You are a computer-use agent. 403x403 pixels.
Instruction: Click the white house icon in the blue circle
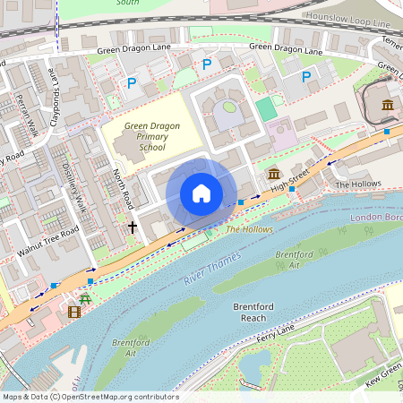click(x=201, y=193)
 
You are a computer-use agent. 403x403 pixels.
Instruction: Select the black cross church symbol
click(x=133, y=227)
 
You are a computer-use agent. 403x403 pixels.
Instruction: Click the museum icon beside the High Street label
click(x=273, y=173)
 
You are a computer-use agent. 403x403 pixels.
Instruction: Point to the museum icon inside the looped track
click(x=387, y=106)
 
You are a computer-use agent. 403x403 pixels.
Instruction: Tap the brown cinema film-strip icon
click(x=73, y=312)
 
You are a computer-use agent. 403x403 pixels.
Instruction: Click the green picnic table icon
click(x=85, y=297)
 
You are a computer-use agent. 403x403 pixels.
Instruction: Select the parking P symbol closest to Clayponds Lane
click(x=132, y=83)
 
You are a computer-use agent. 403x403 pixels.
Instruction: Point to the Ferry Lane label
click(x=274, y=334)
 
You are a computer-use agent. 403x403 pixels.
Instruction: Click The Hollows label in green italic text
click(x=249, y=229)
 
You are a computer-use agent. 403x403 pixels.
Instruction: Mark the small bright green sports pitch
click(x=266, y=109)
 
